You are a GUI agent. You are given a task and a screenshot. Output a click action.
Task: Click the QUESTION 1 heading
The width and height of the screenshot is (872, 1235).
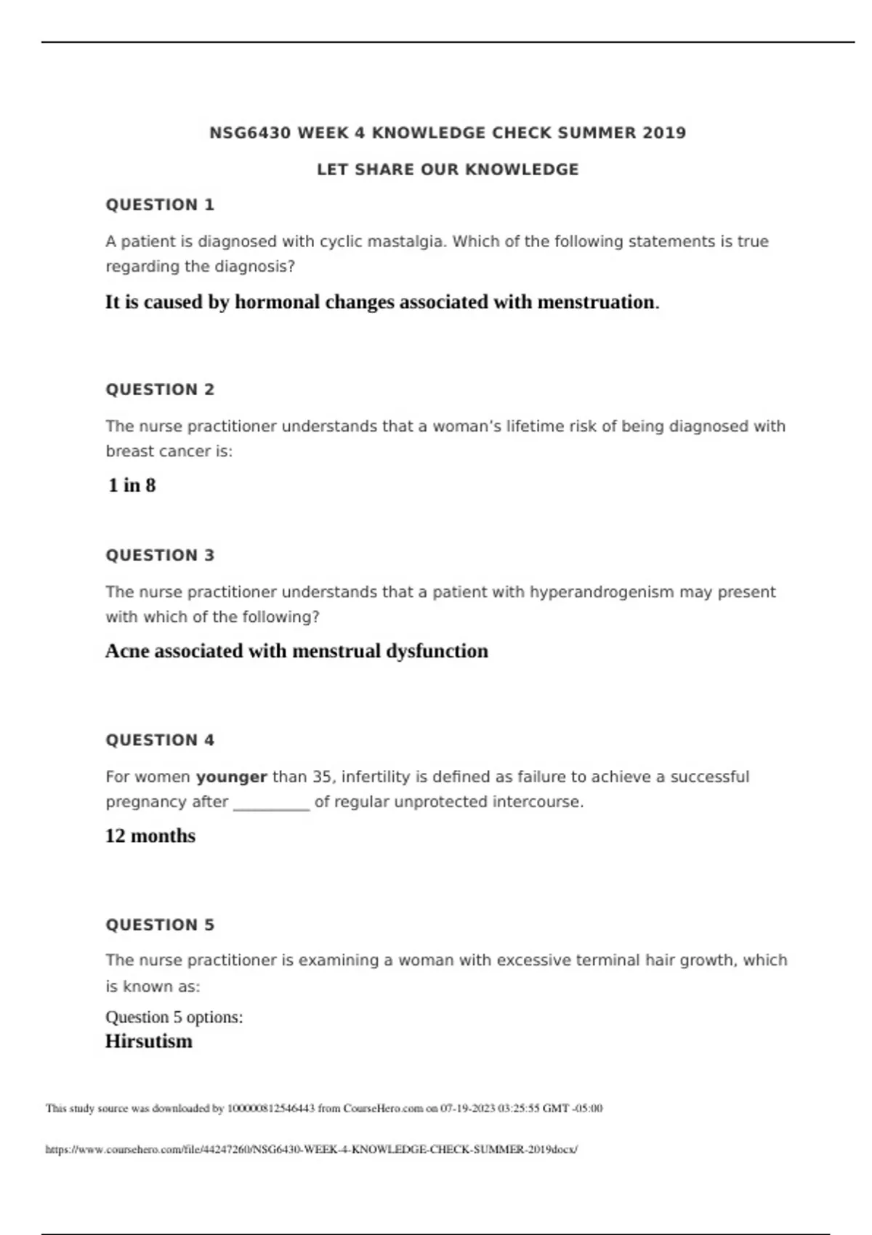pos(160,205)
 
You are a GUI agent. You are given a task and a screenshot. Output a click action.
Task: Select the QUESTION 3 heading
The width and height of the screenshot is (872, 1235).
pos(160,555)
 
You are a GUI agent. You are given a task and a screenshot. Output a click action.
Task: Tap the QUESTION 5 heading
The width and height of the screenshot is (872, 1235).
pos(160,925)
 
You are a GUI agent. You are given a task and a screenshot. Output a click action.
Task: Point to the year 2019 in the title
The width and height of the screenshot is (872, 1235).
pos(664,133)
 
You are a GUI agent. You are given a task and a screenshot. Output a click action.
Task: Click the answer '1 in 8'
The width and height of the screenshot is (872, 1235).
pos(132,485)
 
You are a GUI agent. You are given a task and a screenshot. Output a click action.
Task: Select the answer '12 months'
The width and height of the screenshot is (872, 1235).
pos(150,836)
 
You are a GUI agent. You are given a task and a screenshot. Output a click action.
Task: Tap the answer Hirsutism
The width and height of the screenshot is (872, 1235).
pos(149,1041)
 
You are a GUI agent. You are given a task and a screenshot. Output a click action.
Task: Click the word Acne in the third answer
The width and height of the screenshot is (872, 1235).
pos(127,651)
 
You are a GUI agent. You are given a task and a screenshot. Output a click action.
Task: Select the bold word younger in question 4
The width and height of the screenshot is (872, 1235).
pos(232,777)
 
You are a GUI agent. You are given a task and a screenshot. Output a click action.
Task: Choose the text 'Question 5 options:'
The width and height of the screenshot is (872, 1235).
pos(174,1017)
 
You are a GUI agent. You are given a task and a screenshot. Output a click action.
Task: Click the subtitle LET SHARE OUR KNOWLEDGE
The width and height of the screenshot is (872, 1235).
pos(448,170)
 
